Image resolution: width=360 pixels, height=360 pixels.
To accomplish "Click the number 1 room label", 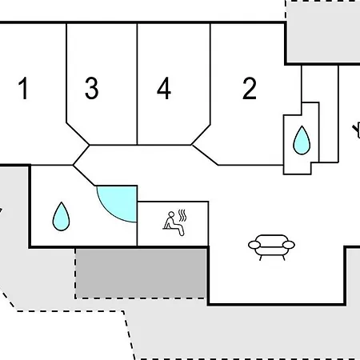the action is [x=23, y=88].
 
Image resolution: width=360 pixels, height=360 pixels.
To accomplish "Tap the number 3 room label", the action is [x=92, y=88].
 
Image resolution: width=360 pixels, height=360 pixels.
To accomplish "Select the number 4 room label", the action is [x=164, y=88].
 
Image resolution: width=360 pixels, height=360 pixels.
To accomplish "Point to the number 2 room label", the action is [x=250, y=88].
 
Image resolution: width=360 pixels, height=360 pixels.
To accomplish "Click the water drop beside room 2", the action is [x=302, y=141].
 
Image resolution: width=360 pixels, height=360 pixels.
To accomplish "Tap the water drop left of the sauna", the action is [x=61, y=217].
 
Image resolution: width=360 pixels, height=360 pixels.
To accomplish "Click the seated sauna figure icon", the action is [x=174, y=223].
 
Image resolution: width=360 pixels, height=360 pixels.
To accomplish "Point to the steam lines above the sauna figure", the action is [x=182, y=215].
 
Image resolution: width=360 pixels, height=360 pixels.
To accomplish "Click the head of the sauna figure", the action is [x=171, y=214].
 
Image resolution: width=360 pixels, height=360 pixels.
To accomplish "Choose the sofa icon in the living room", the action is [x=271, y=247].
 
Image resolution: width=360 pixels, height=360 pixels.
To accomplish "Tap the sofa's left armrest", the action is [x=254, y=245].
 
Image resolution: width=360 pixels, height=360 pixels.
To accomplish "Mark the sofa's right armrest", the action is [x=289, y=245].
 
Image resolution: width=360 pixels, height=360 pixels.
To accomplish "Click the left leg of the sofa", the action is [x=261, y=258].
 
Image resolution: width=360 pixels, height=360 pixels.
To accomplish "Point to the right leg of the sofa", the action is [x=284, y=258].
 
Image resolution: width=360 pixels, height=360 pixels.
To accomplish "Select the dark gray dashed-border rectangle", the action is [x=141, y=274].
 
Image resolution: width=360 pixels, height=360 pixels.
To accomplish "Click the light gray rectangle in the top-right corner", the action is [x=323, y=31].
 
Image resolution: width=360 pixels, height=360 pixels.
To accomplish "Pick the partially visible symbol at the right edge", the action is [x=357, y=131].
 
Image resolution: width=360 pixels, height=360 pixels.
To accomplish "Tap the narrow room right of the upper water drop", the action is [x=329, y=114].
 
